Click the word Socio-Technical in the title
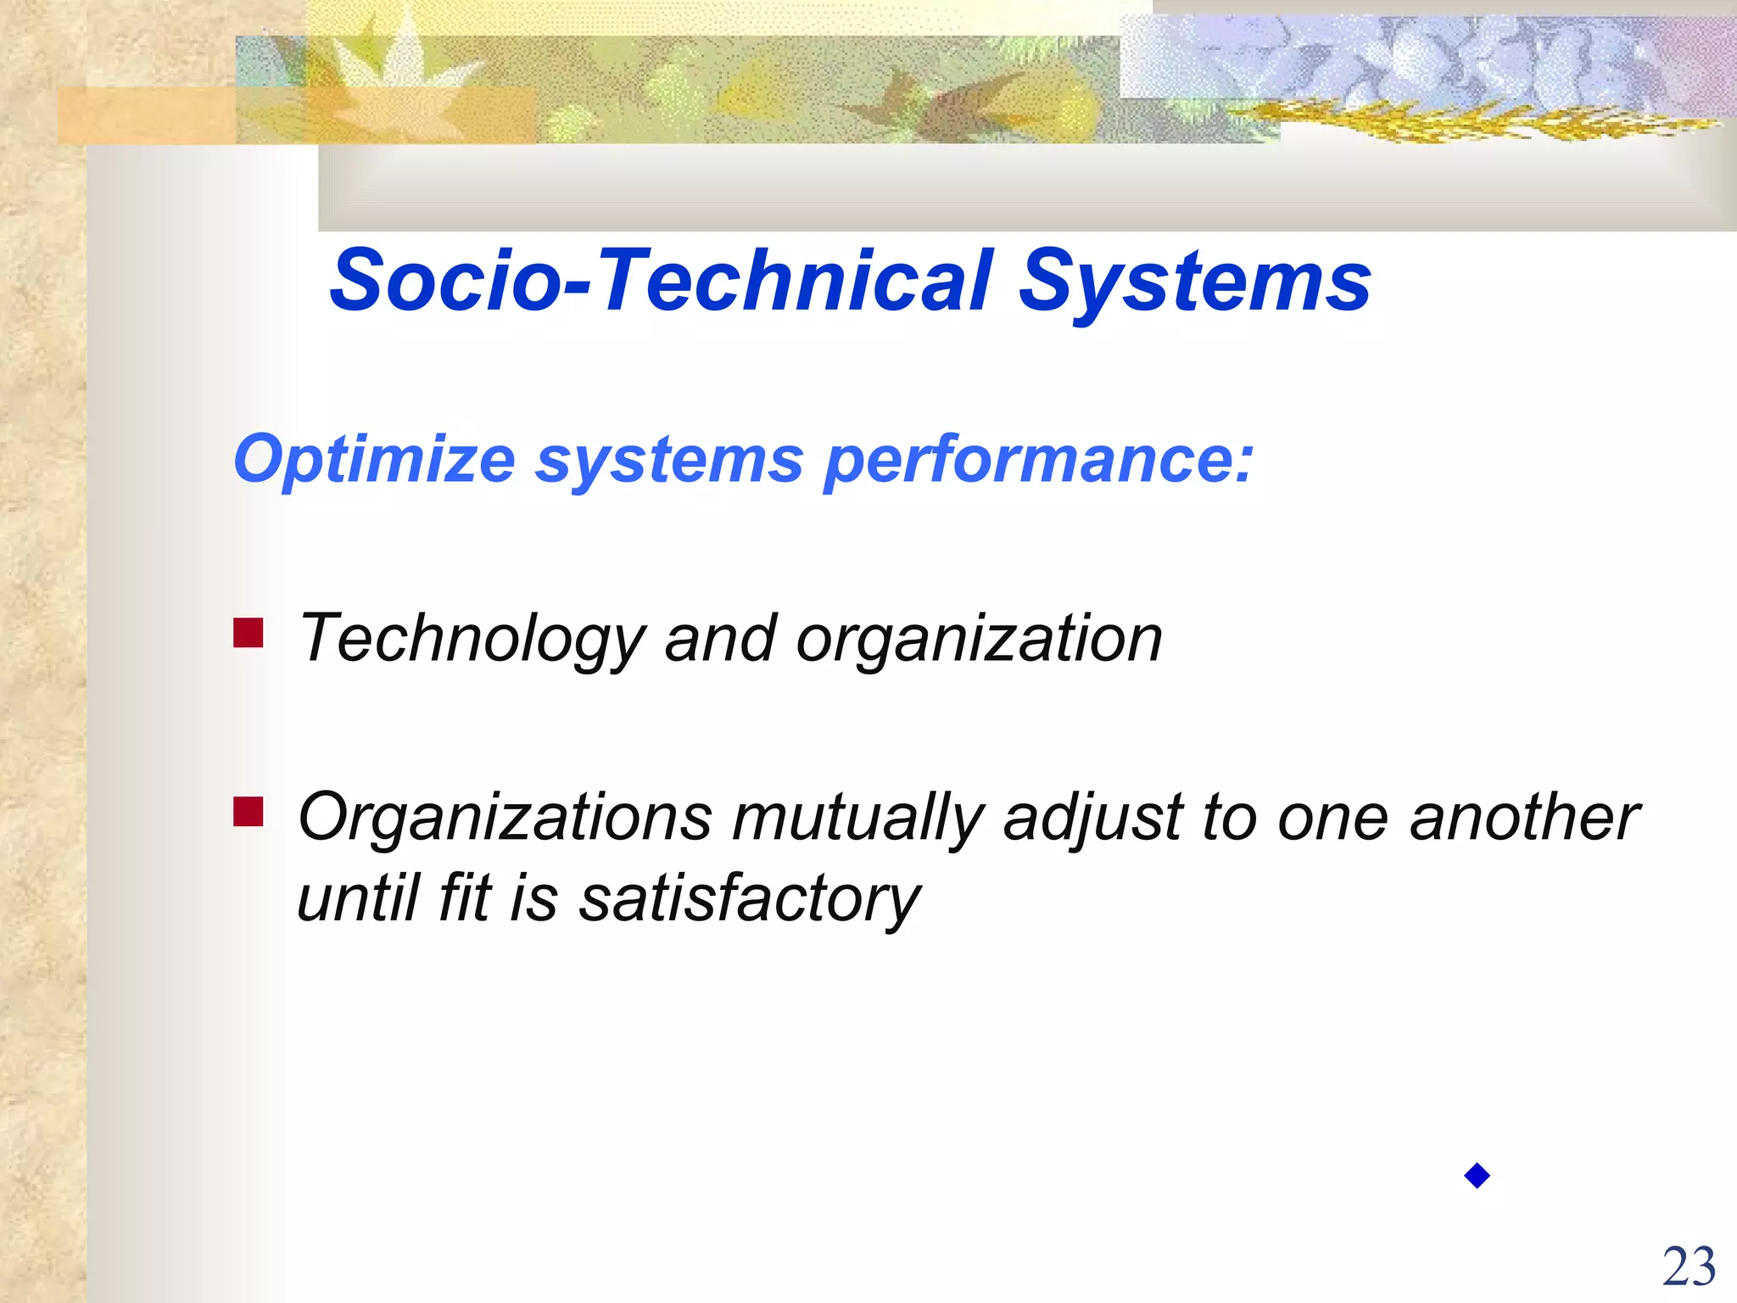point(661,281)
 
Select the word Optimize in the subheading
point(374,461)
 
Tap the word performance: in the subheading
point(1038,461)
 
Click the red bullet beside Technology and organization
point(249,633)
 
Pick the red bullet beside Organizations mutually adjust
point(249,812)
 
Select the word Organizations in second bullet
point(505,819)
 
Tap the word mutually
point(857,819)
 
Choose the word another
point(1523,817)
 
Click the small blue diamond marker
point(1477,1176)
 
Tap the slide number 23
point(1689,1267)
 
